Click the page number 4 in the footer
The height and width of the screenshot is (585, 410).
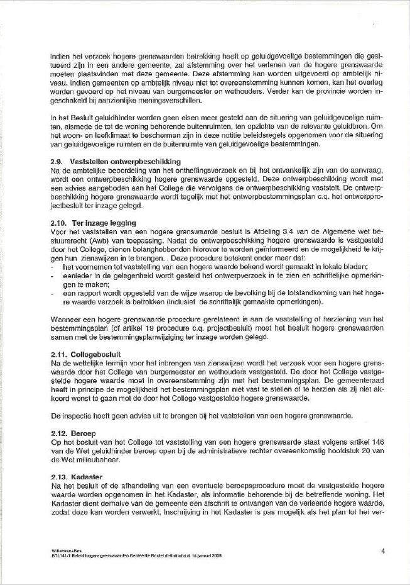382,551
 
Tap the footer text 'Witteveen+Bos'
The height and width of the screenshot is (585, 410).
63,550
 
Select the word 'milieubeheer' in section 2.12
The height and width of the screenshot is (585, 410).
89,460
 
